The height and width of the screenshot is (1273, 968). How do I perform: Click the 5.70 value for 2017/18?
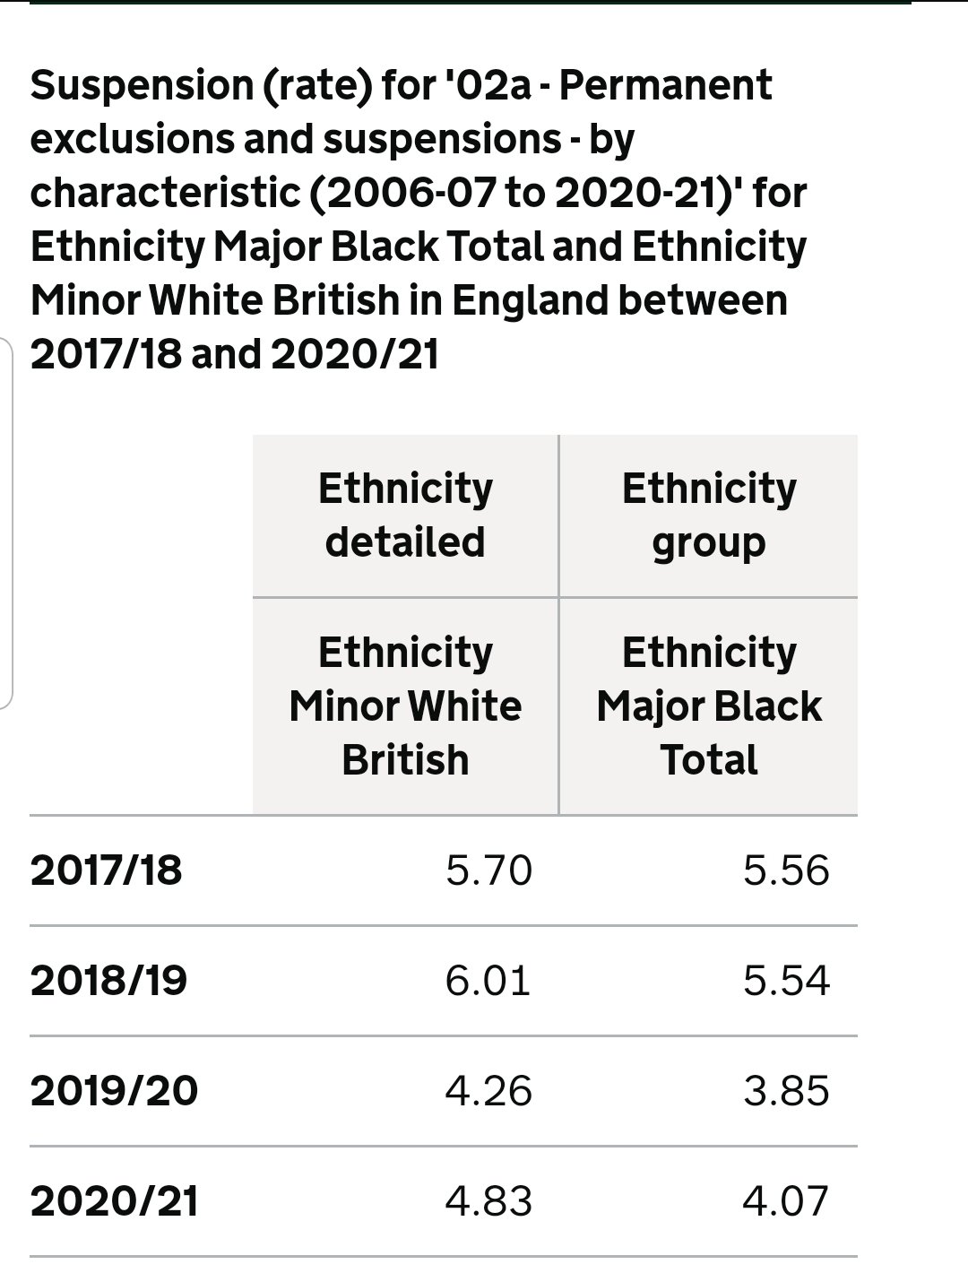point(488,870)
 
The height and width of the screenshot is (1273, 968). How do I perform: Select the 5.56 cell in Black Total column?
point(786,870)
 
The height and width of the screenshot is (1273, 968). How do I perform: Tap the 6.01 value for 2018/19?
point(488,980)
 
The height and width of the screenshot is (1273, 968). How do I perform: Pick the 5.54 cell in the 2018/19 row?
point(786,980)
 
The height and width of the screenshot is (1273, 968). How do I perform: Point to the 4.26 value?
point(488,1091)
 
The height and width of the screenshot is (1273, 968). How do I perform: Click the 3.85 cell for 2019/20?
point(786,1091)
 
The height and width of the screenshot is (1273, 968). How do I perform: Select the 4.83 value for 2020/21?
point(488,1201)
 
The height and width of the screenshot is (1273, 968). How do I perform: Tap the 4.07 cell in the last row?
point(786,1201)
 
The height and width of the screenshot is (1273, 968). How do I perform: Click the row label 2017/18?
point(106,870)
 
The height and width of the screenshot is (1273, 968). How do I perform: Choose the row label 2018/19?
point(108,980)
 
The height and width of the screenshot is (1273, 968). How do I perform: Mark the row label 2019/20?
point(114,1091)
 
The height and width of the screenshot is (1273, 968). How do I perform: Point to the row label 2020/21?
point(114,1201)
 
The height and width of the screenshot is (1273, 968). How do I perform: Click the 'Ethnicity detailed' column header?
point(405,515)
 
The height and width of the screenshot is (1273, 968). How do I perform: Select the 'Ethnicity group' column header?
point(708,515)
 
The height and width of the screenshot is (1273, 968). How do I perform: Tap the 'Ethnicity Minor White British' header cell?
point(405,706)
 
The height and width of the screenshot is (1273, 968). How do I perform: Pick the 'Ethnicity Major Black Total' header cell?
point(708,706)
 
